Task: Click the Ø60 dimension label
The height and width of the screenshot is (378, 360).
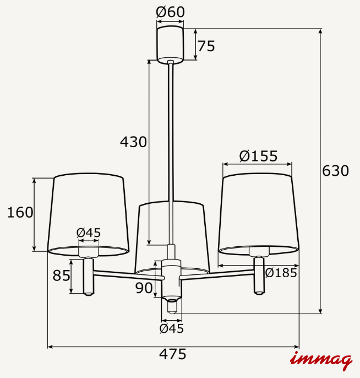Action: pos(170,12)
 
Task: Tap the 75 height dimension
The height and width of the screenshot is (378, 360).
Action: pos(206,46)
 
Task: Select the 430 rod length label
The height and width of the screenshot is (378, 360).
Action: pos(133,142)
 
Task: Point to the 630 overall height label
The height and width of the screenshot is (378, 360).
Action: pos(335,171)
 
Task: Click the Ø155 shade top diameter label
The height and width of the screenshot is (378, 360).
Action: pos(258,156)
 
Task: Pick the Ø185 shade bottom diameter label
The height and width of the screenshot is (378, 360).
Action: pos(281,273)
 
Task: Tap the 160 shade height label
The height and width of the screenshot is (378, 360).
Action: pos(20,212)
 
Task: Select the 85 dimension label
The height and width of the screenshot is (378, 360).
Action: pos(62,276)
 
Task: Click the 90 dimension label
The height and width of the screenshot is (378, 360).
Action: pos(144,288)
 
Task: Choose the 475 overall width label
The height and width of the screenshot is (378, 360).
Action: pos(173,354)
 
